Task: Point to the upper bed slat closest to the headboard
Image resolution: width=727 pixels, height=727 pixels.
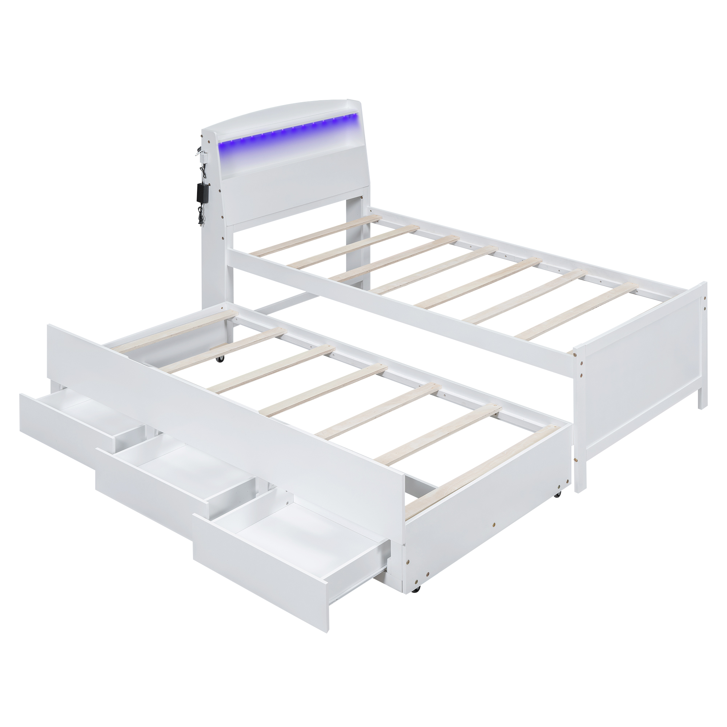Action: click(316, 234)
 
